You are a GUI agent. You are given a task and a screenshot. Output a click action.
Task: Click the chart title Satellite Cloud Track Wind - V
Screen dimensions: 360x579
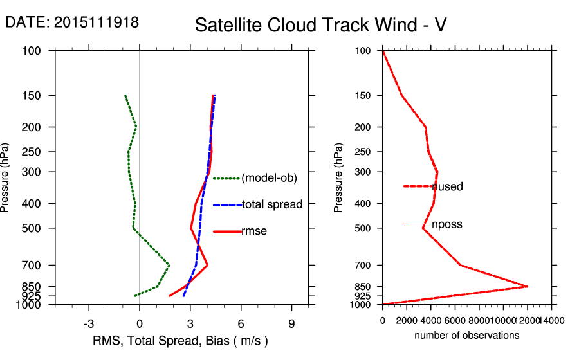(x=320, y=25)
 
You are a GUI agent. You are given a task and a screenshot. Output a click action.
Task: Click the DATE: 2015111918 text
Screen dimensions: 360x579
(x=72, y=22)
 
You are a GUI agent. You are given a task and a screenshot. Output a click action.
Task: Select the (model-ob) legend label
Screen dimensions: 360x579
(x=270, y=178)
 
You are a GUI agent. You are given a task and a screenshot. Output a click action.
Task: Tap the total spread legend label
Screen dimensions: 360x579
(x=272, y=204)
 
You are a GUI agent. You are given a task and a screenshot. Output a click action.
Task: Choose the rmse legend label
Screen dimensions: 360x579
(x=254, y=231)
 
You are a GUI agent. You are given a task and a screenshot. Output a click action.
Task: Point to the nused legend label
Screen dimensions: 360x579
(x=447, y=186)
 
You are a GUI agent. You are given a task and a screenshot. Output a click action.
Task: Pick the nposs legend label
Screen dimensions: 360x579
(x=447, y=225)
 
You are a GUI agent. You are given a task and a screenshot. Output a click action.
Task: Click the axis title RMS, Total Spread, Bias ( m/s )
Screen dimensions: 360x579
(x=181, y=340)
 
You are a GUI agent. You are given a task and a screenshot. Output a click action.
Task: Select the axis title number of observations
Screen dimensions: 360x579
(x=466, y=336)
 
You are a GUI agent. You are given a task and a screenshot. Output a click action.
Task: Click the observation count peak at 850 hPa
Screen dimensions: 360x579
(x=528, y=286)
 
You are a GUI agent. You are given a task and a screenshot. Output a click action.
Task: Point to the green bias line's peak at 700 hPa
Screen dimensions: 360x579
(x=169, y=265)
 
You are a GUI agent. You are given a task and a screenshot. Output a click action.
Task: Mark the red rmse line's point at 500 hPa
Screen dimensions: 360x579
(x=190, y=228)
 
